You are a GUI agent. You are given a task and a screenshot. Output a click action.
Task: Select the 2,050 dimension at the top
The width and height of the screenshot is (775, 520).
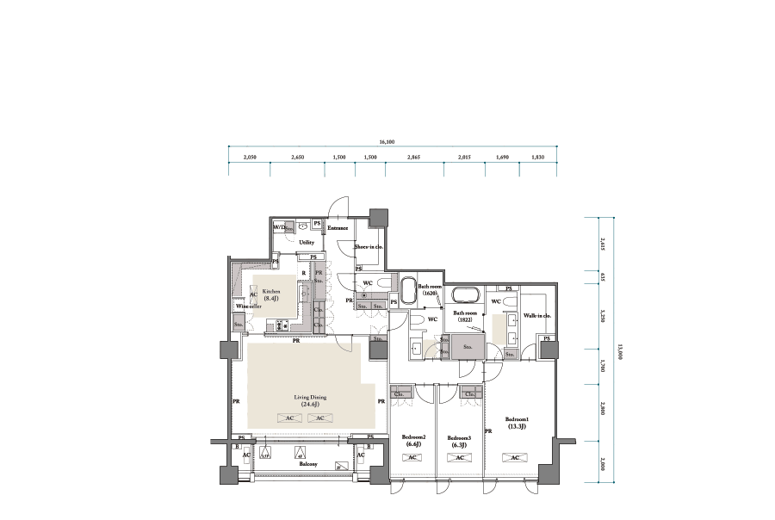click(250, 158)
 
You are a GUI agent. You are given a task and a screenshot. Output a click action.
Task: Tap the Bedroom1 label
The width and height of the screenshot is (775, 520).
click(518, 424)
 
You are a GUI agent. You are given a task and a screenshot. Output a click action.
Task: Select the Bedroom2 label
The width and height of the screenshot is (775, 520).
click(414, 441)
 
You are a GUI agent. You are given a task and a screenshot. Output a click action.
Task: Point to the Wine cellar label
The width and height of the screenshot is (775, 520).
click(248, 306)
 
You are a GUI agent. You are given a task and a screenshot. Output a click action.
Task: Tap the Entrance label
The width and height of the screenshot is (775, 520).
click(338, 228)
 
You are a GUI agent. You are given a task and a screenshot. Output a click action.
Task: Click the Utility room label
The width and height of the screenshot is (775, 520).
click(307, 243)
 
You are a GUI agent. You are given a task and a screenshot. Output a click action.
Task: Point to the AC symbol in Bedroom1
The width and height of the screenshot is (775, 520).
click(514, 458)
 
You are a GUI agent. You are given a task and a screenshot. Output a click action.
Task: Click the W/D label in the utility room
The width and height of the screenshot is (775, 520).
click(281, 228)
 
